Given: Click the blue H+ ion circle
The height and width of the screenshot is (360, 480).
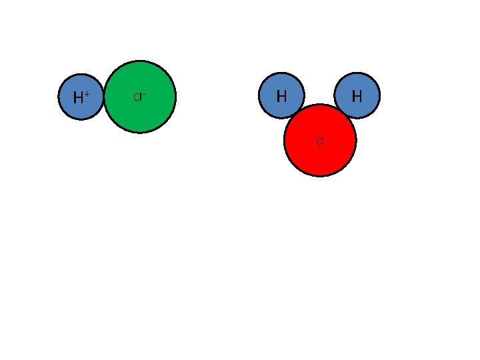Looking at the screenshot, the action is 81,97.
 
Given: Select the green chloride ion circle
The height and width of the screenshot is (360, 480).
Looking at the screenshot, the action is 140,97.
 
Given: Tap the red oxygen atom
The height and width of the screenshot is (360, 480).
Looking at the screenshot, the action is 320,140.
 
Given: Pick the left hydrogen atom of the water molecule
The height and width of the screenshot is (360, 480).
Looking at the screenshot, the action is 281,95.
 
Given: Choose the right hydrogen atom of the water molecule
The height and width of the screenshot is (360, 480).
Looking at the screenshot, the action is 357,95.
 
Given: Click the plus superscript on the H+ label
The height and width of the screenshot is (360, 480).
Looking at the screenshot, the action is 87,94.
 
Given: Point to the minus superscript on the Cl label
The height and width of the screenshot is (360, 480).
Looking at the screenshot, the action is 144,95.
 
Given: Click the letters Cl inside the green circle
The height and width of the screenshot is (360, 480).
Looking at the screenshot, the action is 138,97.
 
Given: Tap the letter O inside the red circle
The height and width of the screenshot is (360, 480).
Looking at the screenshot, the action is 320,141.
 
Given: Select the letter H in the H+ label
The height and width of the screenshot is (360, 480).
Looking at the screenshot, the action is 78,97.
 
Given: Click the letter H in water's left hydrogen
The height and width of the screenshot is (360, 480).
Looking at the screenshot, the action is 281,96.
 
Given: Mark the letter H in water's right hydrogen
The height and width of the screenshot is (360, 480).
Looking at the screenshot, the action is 357,96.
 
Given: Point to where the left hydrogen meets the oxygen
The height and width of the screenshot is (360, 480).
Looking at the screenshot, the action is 297,113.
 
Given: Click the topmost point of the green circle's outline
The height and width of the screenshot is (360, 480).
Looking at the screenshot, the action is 140,61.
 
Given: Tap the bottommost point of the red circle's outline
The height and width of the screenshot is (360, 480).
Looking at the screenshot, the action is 320,176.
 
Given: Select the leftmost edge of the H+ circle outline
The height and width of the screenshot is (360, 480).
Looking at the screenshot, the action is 58,97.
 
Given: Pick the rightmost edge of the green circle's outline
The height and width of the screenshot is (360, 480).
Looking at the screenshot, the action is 176,97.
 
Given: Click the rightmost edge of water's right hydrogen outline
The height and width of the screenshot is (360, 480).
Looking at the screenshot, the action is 380,95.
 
